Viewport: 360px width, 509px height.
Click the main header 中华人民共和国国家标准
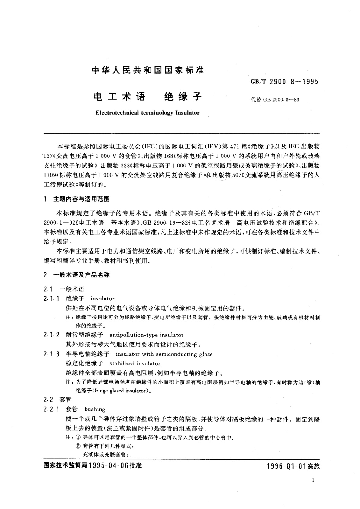coord(148,70)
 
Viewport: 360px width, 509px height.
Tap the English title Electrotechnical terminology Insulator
coord(147,113)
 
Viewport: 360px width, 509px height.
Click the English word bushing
coord(95,409)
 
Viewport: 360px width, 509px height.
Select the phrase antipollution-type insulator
coord(146,335)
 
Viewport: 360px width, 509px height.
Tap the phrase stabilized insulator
coord(135,363)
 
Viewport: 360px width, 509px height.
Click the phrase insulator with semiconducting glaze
coord(164,354)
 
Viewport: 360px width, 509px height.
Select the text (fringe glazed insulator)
coord(120,391)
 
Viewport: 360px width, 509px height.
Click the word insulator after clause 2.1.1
coord(102,299)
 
